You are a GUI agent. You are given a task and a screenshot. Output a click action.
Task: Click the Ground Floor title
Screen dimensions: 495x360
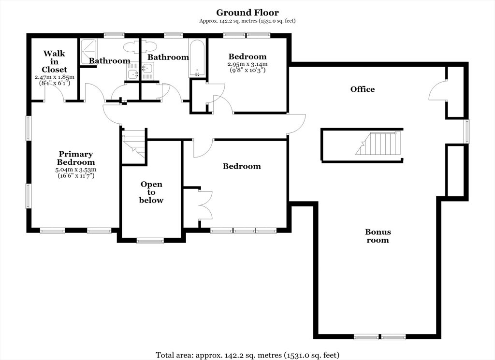247,13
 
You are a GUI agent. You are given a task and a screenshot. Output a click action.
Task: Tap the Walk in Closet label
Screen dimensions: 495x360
54,61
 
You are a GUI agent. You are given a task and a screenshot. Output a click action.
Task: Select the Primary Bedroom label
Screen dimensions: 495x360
76,158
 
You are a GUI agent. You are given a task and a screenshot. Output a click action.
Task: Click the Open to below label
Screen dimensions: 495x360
151,192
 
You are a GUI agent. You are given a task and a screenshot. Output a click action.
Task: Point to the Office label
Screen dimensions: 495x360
363,89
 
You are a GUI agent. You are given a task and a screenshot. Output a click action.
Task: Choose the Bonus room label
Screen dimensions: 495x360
378,236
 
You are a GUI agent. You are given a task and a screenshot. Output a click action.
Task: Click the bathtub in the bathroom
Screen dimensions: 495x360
196,58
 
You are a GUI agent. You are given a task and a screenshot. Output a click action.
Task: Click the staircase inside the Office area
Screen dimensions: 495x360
378,143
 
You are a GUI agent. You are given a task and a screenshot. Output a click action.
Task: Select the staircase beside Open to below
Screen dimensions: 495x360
134,146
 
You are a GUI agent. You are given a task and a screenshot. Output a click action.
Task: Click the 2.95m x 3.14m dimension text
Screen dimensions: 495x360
247,64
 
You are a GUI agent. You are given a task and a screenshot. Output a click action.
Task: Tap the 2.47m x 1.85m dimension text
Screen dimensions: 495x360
54,77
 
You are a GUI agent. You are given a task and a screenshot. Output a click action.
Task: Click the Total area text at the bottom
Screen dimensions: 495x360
247,355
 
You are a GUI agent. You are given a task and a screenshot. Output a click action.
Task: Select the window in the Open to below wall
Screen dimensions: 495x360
150,241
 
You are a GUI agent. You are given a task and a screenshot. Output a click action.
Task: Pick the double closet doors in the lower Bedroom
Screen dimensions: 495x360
205,205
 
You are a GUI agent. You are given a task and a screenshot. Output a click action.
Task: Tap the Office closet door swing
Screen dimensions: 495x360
437,91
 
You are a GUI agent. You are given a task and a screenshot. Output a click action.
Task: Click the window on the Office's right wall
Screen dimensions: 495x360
466,131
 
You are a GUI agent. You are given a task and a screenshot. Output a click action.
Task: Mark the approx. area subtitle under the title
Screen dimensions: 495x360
247,21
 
